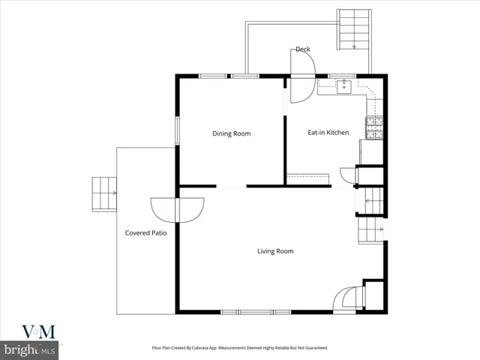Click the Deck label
[x=302, y=49]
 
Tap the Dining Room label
[x=231, y=133]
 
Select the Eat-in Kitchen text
[x=328, y=133]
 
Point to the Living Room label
[x=275, y=251]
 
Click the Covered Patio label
[x=145, y=233]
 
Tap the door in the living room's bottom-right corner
[x=347, y=299]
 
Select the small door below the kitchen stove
[x=348, y=175]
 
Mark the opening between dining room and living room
[x=232, y=186]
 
